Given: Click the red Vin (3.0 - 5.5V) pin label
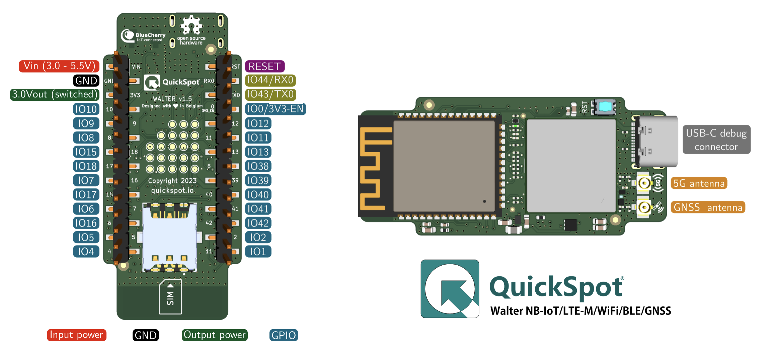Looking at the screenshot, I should coord(59,66).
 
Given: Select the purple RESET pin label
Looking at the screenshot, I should coord(264,66).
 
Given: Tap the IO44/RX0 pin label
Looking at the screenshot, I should coord(270,80).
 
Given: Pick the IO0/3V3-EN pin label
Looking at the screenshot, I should coord(275,109).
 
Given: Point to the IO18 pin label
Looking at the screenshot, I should coord(86,166).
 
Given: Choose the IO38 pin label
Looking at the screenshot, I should coord(258,166).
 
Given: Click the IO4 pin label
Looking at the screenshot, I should coord(86,252).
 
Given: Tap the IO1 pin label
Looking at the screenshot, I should coord(258,252).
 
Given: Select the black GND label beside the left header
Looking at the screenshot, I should coord(86,81).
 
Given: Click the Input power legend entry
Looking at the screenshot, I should coord(77,335).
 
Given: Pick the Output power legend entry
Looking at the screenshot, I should coord(215,335).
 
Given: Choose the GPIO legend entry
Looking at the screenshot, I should coord(284,335).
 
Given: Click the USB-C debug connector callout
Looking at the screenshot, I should coord(716,140).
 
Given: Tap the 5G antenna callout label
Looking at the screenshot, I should coord(699,183).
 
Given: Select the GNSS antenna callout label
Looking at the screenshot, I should coord(708,207).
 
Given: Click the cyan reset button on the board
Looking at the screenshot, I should coord(605,106).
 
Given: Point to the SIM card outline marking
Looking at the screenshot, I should coord(170,297).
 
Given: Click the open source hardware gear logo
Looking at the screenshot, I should coord(191,25).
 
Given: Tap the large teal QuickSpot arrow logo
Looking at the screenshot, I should coord(450,289).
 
